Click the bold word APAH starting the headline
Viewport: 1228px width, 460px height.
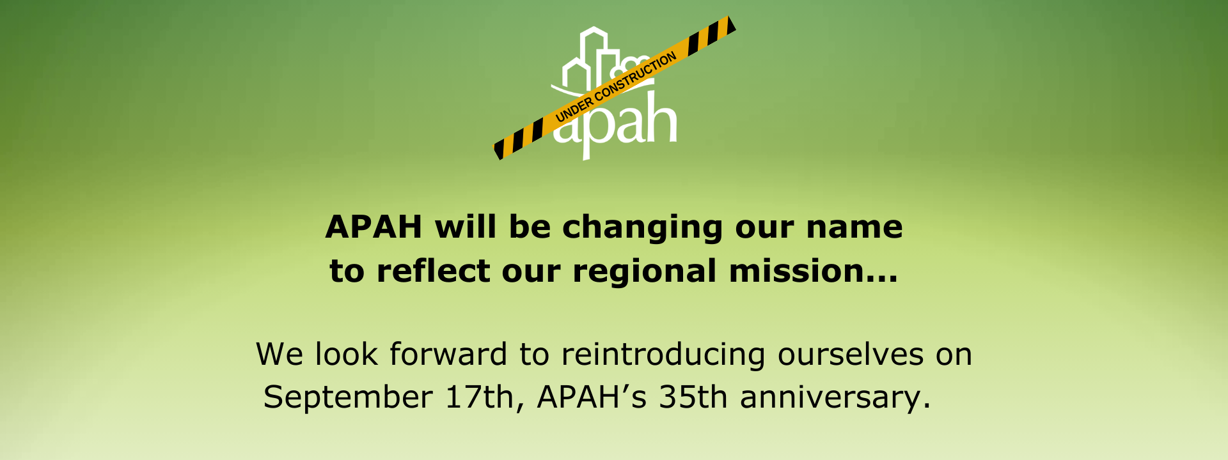tap(374, 227)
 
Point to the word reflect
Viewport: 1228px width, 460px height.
tap(433, 270)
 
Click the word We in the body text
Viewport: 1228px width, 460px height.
tap(279, 355)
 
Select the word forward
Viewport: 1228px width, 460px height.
tap(448, 354)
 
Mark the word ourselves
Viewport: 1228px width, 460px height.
tap(851, 355)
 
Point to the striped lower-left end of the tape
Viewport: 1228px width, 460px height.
tap(518, 139)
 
